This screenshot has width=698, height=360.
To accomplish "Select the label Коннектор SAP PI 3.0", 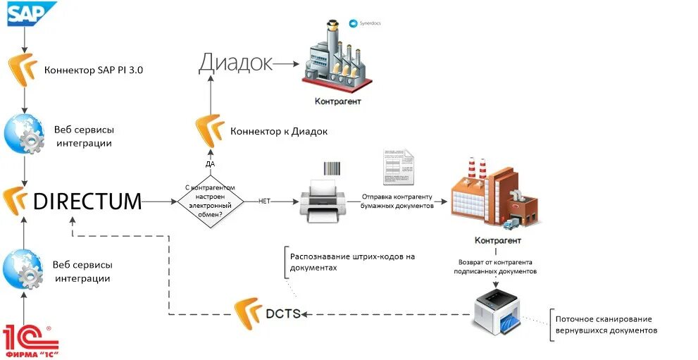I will click(x=94, y=70).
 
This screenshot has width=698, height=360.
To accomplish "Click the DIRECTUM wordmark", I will click(x=87, y=201).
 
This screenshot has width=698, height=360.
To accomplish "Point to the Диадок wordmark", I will click(x=235, y=63).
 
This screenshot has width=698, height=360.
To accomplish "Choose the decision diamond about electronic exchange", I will click(x=210, y=201).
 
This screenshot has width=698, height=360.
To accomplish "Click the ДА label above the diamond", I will click(x=210, y=163).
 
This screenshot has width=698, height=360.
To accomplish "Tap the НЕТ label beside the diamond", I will click(x=265, y=201).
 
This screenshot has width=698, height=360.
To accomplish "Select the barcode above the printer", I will click(x=335, y=168).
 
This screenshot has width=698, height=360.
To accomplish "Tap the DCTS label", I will click(x=284, y=313).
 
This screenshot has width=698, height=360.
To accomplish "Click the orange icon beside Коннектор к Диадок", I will click(x=209, y=131).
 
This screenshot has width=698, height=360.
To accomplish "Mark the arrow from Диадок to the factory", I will click(x=287, y=63).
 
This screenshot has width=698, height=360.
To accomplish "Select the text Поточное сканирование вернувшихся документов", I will click(x=606, y=325).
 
